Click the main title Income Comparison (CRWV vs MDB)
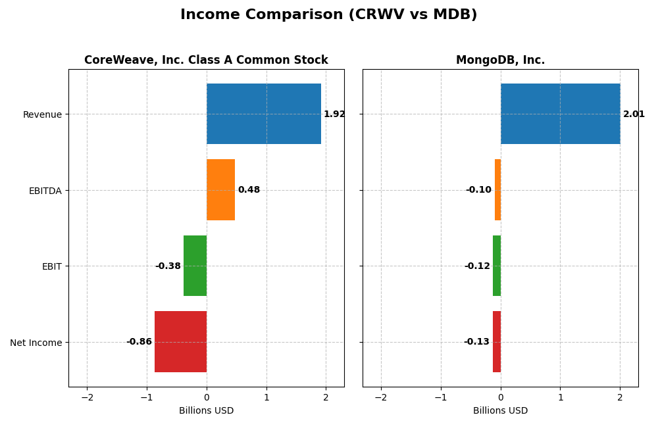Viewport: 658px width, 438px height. [328, 14]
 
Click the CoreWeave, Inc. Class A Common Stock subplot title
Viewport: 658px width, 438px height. [206, 61]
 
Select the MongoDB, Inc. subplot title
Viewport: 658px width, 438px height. [500, 61]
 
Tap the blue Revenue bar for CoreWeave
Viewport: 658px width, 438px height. [264, 114]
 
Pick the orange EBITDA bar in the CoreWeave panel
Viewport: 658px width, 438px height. [220, 190]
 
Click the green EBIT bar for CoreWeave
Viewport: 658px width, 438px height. [195, 266]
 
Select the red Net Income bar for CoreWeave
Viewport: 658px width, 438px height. [180, 342]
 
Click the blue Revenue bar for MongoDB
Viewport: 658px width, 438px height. [560, 114]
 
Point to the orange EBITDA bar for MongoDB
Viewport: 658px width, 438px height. [497, 190]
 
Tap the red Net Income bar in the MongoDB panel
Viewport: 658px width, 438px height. [497, 342]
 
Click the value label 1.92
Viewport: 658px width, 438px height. [334, 114]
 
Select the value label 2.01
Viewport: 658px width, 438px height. [634, 114]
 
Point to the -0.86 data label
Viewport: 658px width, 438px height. [139, 342]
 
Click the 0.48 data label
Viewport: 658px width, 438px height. [249, 190]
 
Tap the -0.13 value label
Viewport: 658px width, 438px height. [476, 342]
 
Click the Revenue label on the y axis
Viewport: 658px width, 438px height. [42, 114]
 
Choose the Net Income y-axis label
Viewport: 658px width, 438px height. [36, 343]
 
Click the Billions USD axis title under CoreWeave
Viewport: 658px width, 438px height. [206, 411]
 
